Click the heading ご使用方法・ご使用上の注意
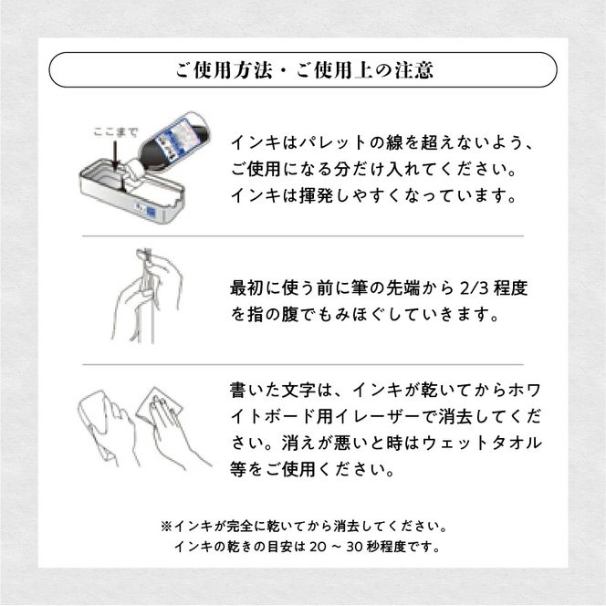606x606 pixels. [x=302, y=69]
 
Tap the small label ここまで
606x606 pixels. [x=112, y=131]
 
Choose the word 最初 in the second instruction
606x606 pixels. [x=247, y=288]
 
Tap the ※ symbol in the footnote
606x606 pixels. [x=166, y=527]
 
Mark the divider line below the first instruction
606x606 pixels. [x=302, y=235]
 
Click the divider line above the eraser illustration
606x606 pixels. [x=302, y=364]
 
